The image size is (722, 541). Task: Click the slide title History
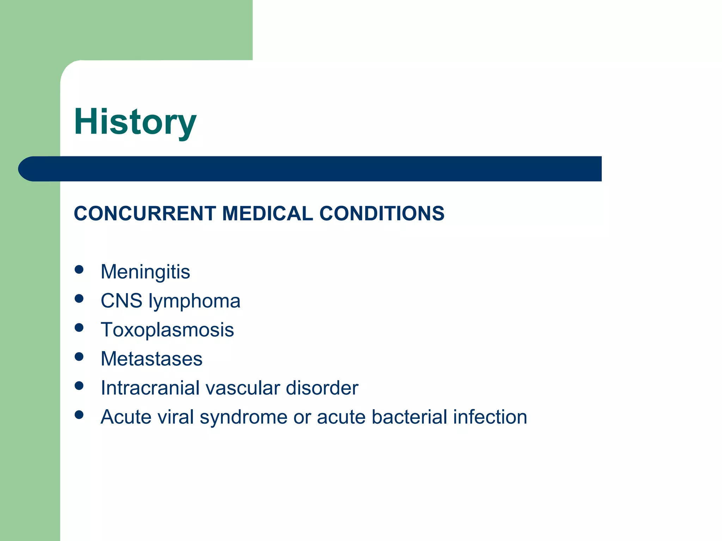(x=135, y=122)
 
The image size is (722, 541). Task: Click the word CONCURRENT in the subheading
(x=145, y=213)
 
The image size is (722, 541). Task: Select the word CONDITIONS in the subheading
(x=382, y=213)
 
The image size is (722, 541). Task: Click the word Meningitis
(x=145, y=272)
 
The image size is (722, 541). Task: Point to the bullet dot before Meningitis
(x=79, y=270)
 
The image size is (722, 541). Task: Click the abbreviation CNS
(x=121, y=301)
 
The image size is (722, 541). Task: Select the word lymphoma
(x=194, y=301)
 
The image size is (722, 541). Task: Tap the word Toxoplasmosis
(x=167, y=330)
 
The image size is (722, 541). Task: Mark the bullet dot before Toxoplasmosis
(x=79, y=328)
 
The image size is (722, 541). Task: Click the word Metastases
(x=152, y=359)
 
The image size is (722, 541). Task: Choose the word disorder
(x=322, y=388)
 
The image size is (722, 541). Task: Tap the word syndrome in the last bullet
(x=243, y=417)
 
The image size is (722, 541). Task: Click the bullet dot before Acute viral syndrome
(x=79, y=415)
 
